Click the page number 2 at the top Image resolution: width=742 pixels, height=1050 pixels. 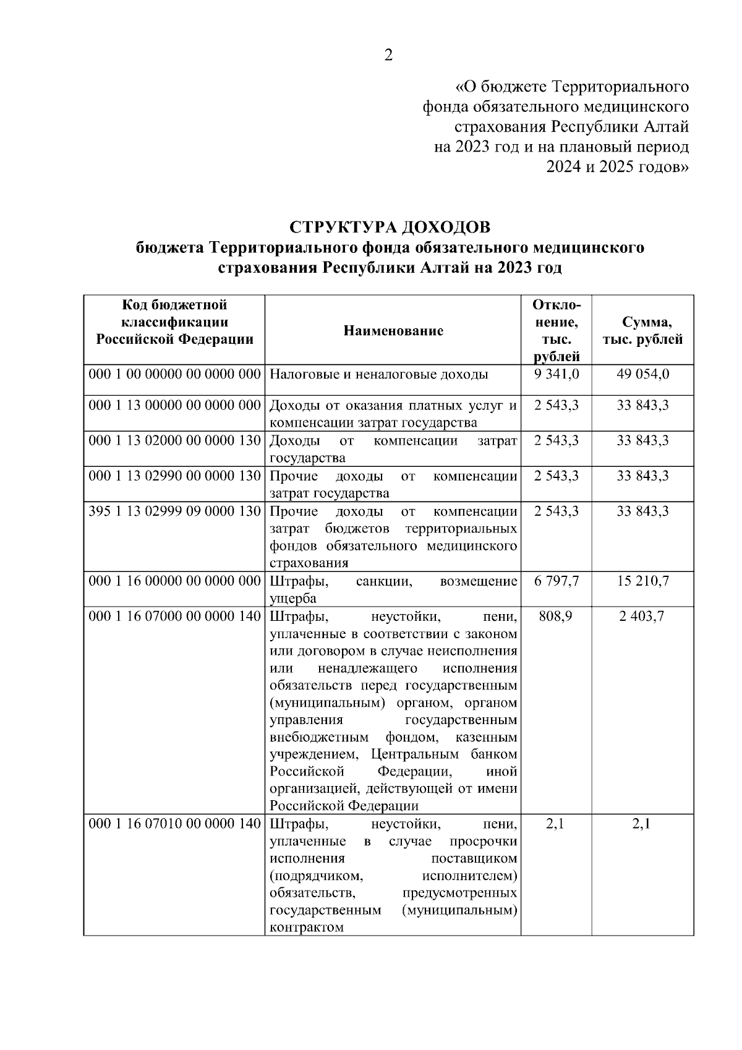pos(388,56)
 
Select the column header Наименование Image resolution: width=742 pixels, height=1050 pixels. pos(393,331)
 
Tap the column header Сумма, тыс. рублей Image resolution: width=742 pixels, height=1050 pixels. pos(642,331)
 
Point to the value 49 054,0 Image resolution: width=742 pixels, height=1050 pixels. pos(642,374)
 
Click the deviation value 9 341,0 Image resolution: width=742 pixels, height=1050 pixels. pos(555,374)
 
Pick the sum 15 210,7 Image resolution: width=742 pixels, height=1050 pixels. pos(642,581)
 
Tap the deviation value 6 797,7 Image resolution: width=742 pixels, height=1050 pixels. pos(555,581)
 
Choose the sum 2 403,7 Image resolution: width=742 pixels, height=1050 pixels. pos(642,617)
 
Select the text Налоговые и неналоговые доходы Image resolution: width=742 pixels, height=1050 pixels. pos(379,374)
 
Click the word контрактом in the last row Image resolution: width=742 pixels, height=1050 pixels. pos(307,928)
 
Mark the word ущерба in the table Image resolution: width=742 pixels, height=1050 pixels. pos(293,599)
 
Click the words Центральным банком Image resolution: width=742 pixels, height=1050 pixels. pos(444,754)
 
